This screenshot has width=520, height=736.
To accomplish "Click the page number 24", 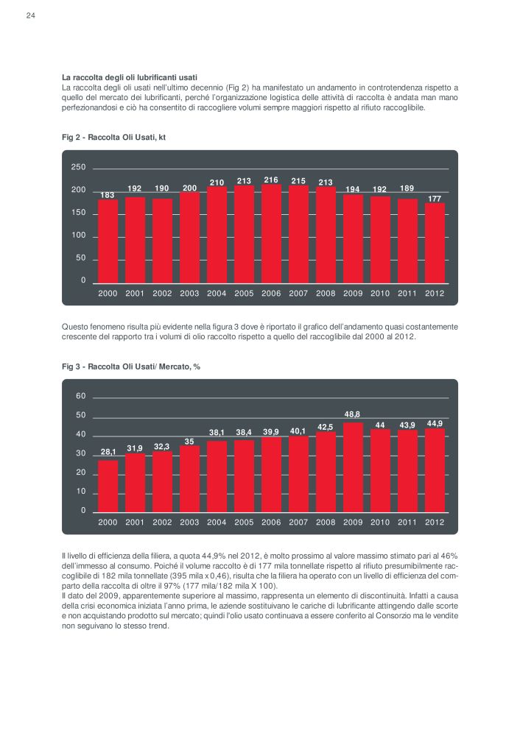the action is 30,15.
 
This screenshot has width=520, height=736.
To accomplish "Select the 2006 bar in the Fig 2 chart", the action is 271,234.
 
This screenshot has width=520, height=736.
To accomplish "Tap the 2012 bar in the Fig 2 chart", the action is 435,243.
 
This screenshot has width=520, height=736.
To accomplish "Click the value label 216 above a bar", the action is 271,180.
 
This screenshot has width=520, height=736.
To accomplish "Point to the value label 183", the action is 108,195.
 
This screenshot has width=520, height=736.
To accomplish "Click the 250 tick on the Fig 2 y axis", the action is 79,167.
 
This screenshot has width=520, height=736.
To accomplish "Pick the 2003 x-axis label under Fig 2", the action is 189,294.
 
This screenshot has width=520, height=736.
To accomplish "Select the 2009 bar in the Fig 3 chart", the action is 353,467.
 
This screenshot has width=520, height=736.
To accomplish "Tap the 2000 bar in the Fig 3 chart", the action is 108,486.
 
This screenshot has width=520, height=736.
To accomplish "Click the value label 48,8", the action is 352,414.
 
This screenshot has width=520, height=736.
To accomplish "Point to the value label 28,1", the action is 108,452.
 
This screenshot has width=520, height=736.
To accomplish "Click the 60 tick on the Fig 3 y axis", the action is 81,396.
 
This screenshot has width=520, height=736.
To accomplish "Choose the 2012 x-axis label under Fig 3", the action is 435,522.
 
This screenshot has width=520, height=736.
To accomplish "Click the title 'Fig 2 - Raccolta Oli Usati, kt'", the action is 113,138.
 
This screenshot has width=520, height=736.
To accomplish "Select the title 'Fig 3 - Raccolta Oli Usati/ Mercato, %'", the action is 131,367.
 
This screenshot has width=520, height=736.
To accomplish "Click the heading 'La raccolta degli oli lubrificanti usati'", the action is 130,77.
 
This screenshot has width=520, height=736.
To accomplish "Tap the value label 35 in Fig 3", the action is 189,442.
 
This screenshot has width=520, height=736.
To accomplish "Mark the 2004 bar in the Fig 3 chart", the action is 217,476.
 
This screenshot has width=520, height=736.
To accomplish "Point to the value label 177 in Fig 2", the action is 435,199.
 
